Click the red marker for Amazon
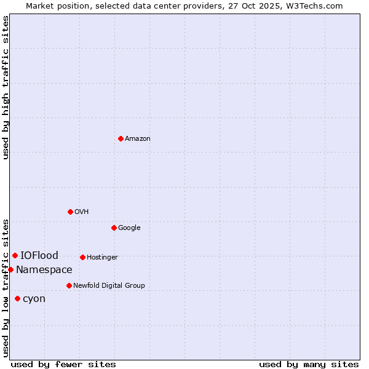click(121, 138)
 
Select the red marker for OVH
click(70, 212)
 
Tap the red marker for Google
click(114, 228)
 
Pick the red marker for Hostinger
click(82, 257)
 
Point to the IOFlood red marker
click(15, 255)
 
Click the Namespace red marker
click(10, 269)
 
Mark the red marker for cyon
click(17, 298)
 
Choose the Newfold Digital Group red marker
click(69, 285)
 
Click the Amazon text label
click(138, 138)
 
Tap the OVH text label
click(82, 212)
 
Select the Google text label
click(129, 228)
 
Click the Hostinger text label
click(102, 257)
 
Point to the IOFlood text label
click(39, 255)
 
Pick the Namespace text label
click(44, 269)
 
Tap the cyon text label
click(34, 298)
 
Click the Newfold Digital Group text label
click(109, 285)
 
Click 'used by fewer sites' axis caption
click(63, 364)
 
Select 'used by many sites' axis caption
click(309, 364)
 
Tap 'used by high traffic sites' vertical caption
click(6, 87)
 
